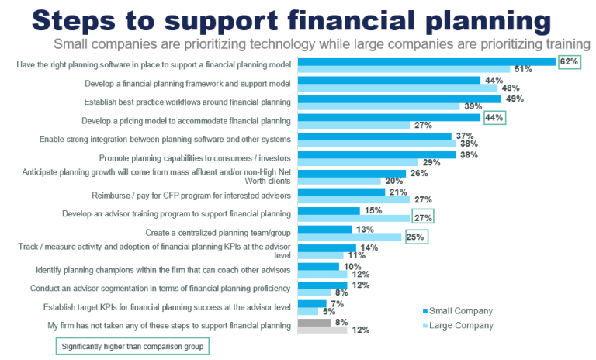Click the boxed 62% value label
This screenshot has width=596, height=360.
click(568, 61)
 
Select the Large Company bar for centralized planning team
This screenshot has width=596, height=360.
click(350, 237)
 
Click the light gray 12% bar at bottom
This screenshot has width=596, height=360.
click(322, 330)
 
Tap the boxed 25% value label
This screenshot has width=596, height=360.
click(414, 237)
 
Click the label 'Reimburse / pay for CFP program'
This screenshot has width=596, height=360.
click(210, 195)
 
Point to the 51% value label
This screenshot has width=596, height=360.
click(523, 69)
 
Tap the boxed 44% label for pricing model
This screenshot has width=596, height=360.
click(494, 118)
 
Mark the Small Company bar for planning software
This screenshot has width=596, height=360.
click(426, 61)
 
